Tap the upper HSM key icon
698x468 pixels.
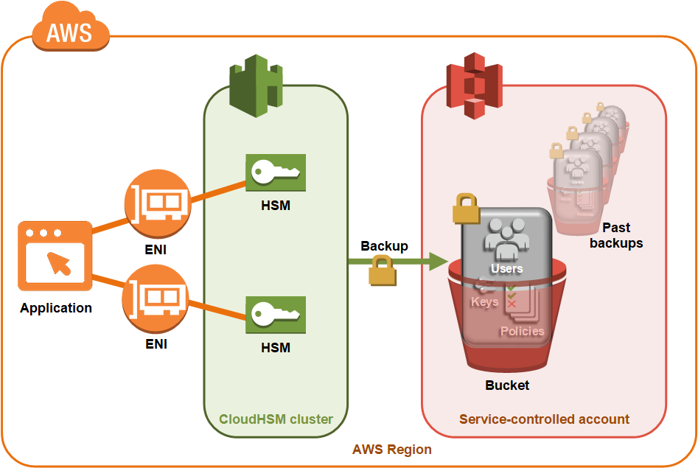tap(276, 174)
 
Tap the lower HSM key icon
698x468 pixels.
tap(276, 315)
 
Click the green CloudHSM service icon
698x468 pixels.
tap(255, 83)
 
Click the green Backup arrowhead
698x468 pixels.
tap(439, 261)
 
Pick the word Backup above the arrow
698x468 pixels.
tap(383, 246)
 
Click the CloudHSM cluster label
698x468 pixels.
tap(276, 419)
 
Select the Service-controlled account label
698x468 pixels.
tap(544, 419)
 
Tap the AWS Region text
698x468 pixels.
tap(391, 449)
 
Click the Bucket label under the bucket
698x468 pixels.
tap(507, 385)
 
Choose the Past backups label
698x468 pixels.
tap(615, 235)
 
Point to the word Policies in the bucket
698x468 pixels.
tap(522, 331)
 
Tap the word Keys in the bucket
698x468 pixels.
tap(484, 301)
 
